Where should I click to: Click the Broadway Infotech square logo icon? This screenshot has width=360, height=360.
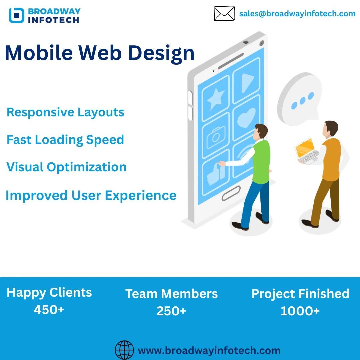(x=16, y=15)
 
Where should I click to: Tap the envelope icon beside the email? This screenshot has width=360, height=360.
(x=224, y=14)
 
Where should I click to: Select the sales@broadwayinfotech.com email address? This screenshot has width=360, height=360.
(x=297, y=14)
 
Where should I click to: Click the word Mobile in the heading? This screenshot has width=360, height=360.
(x=39, y=53)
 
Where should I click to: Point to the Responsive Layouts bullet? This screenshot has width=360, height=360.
(x=65, y=113)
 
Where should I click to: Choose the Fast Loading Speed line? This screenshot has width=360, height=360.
(x=65, y=140)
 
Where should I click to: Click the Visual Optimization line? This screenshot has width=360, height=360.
(x=66, y=167)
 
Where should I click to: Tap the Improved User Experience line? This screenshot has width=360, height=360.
(x=91, y=196)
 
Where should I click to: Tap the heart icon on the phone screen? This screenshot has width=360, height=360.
(x=246, y=118)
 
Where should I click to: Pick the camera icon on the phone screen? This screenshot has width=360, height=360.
(x=216, y=137)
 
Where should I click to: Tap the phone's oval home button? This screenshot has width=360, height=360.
(x=231, y=193)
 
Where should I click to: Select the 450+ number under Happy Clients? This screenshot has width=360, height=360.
(x=49, y=310)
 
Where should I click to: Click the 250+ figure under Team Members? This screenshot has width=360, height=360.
(x=171, y=311)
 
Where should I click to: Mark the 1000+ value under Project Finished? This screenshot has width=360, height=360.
(x=300, y=311)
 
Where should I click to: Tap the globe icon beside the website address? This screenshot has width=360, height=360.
(x=124, y=350)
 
